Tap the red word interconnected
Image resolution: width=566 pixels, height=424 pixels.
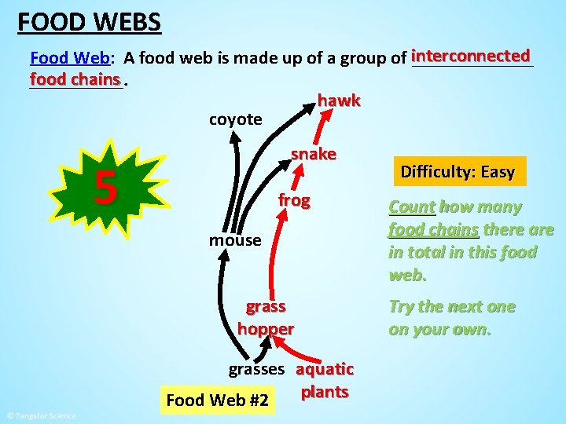[471, 57]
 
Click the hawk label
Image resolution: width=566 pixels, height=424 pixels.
[339, 101]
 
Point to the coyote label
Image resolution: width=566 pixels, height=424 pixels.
[235, 119]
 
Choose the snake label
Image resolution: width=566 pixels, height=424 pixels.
[313, 154]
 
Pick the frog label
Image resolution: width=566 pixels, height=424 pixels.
[293, 201]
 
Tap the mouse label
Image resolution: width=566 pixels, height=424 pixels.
[234, 240]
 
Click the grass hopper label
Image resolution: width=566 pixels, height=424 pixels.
[266, 317]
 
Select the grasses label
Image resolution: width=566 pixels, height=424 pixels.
[256, 368]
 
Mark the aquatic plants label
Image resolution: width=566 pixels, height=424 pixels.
[325, 380]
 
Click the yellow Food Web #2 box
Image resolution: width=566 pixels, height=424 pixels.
[217, 400]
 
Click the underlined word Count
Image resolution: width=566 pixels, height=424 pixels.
[411, 207]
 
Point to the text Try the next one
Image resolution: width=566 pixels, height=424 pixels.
[452, 307]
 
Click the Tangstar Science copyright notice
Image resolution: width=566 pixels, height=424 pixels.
[41, 416]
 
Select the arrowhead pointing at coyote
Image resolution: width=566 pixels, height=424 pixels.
[235, 135]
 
